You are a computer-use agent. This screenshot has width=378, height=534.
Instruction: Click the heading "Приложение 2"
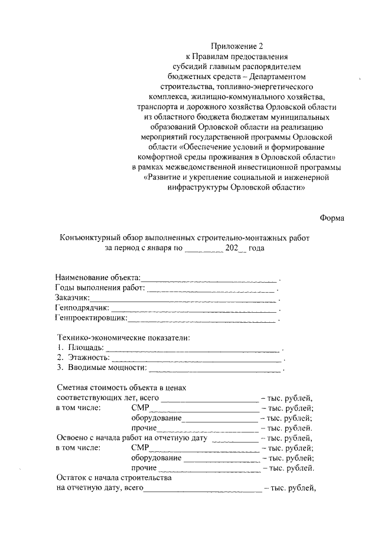pyautogui.click(x=235, y=47)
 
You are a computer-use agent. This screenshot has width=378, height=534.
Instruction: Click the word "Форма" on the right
pyautogui.click(x=332, y=218)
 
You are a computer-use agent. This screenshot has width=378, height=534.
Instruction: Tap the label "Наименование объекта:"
pyautogui.click(x=98, y=277)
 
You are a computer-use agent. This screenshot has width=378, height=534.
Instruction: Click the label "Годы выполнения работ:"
pyautogui.click(x=100, y=288)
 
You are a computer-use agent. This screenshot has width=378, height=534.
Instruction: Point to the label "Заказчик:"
pyautogui.click(x=72, y=299)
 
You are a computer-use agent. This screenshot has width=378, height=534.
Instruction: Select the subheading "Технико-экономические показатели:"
pyautogui.click(x=124, y=338)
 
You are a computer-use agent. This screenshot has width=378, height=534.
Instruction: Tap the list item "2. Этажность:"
pyautogui.click(x=83, y=358)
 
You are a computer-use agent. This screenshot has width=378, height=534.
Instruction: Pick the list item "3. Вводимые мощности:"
pyautogui.click(x=102, y=368)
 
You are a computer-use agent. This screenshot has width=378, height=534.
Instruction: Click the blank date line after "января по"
pyautogui.click(x=204, y=249)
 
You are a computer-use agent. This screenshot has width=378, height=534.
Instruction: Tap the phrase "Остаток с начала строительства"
pyautogui.click(x=113, y=477)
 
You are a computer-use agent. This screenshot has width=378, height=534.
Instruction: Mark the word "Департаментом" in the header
pyautogui.click(x=279, y=77)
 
